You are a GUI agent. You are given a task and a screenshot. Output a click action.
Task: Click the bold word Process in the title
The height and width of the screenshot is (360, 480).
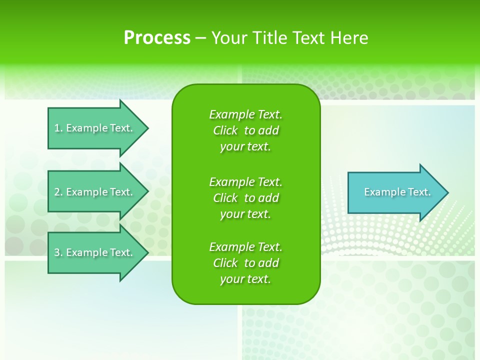pos(157,38)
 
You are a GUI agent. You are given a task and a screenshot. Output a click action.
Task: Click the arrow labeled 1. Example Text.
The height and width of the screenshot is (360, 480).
pos(93,128)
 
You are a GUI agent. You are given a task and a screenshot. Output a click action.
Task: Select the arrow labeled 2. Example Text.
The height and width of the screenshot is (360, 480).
pos(93,192)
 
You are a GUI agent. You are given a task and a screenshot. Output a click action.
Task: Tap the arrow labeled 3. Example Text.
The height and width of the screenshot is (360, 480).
pos(93,252)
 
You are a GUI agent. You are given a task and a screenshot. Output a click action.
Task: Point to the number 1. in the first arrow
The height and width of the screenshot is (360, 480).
pos(58,128)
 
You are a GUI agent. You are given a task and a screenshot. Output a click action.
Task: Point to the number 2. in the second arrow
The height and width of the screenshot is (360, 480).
pos(58,192)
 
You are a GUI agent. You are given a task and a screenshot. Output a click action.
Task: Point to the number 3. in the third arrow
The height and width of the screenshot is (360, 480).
pos(58,252)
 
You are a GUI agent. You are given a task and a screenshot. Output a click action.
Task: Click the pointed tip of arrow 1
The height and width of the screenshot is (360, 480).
pos(146,128)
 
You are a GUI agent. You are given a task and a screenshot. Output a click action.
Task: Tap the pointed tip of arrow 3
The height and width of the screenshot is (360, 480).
pos(146,252)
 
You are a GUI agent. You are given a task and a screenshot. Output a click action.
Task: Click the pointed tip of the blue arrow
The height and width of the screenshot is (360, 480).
pos(446,192)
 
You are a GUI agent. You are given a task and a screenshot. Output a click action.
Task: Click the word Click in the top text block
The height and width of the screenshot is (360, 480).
pos(225,130)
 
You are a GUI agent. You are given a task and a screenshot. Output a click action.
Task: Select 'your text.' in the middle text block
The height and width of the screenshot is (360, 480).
pos(245,214)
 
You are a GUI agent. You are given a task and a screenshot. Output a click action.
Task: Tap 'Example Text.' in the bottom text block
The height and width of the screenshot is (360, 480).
pos(245,247)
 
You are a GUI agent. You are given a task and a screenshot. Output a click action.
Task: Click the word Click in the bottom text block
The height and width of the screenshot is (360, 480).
pos(225,263)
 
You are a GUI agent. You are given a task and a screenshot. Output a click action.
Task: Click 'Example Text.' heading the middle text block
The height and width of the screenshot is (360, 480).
pos(245,182)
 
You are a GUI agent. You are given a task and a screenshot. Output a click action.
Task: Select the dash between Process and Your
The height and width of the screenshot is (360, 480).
pos(200,38)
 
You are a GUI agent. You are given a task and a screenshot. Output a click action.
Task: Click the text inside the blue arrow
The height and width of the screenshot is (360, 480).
pos(397,192)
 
